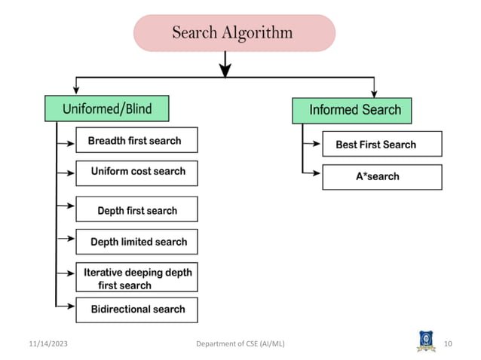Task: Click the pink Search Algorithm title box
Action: click(x=234, y=33)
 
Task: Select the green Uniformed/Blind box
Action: click(x=106, y=109)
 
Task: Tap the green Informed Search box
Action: click(x=351, y=111)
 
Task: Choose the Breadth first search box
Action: click(x=136, y=141)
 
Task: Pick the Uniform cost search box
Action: click(x=136, y=172)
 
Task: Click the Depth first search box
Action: click(x=136, y=210)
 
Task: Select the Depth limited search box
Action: click(x=136, y=242)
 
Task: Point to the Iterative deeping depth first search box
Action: click(x=136, y=279)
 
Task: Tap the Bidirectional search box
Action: click(x=136, y=310)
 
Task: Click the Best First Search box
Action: click(x=381, y=145)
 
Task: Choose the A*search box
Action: click(x=381, y=177)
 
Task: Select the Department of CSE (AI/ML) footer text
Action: click(x=240, y=344)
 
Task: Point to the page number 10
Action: click(x=448, y=344)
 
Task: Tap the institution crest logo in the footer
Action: click(x=426, y=340)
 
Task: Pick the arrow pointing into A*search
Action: click(x=312, y=173)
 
